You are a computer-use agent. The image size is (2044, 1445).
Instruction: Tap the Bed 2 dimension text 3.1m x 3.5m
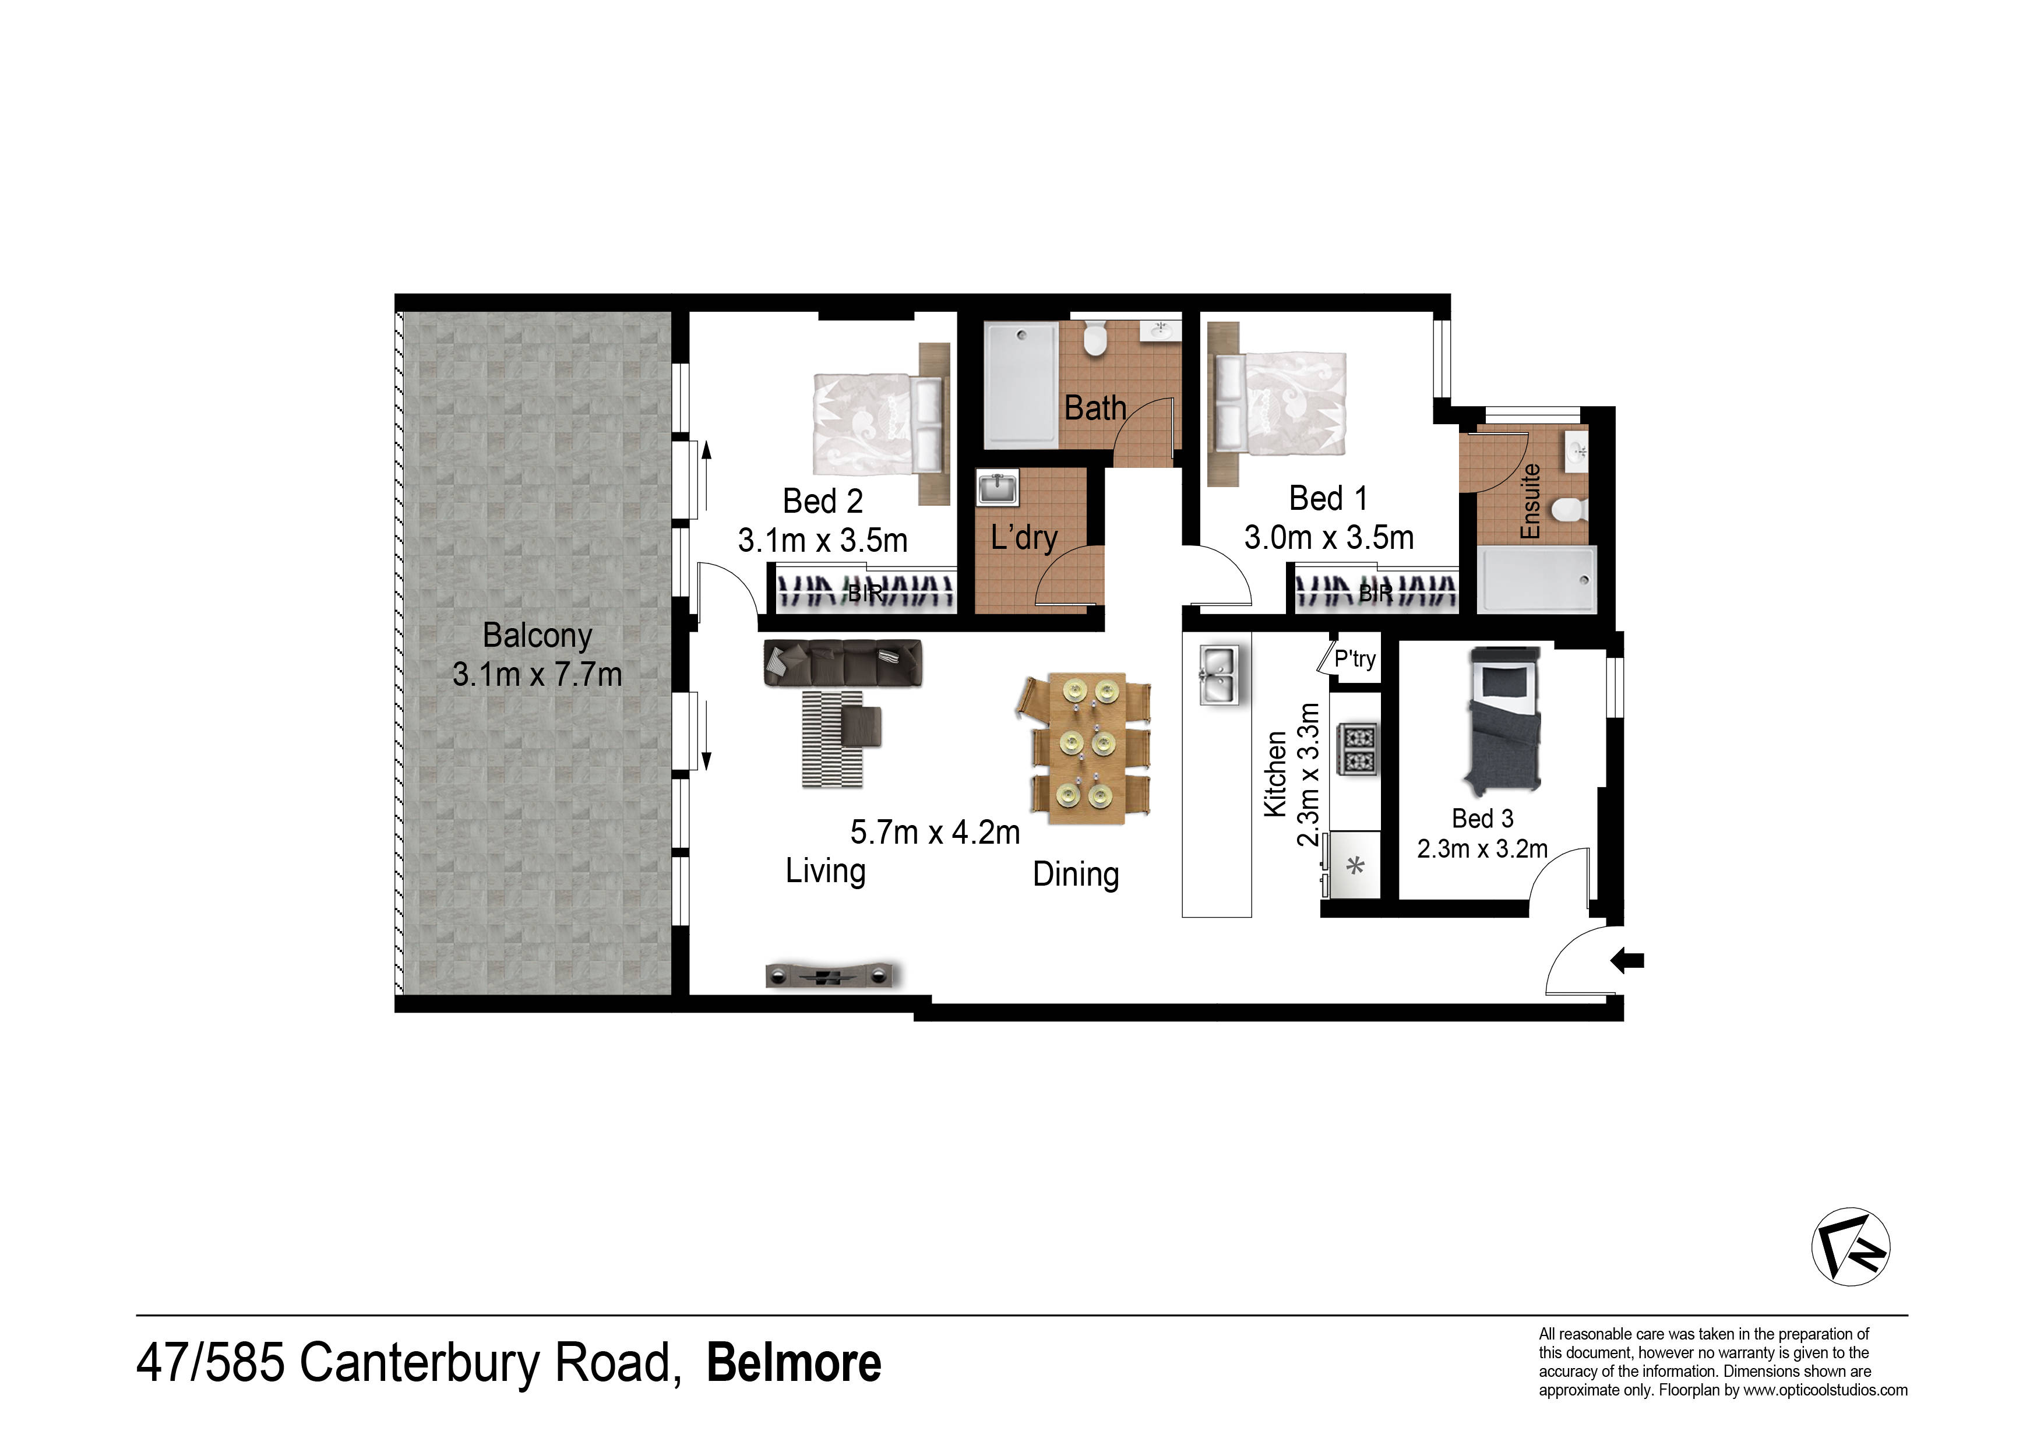pyautogui.click(x=823, y=541)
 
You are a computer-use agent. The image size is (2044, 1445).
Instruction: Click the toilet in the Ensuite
pyautogui.click(x=1569, y=511)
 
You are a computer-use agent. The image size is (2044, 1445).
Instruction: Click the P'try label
pyautogui.click(x=1355, y=659)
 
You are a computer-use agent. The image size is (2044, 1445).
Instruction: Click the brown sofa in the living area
pyautogui.click(x=842, y=662)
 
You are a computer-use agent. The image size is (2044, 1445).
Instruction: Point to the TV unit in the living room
pyautogui.click(x=833, y=976)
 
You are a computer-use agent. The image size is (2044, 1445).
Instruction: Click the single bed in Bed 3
pyautogui.click(x=1504, y=720)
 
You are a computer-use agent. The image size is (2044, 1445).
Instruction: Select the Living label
pyautogui.click(x=825, y=870)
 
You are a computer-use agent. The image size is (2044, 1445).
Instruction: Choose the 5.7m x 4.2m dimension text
pyautogui.click(x=935, y=833)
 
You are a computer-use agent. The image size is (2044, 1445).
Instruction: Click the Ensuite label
pyautogui.click(x=1530, y=501)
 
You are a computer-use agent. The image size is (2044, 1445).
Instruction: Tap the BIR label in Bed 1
pyautogui.click(x=1376, y=591)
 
